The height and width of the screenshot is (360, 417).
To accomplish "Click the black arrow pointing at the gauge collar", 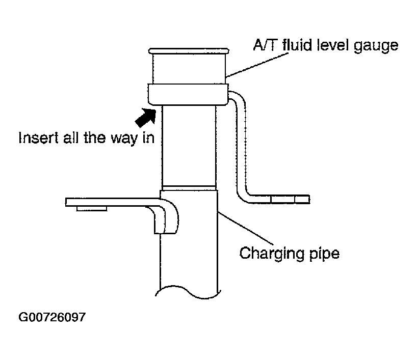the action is coord(146,117).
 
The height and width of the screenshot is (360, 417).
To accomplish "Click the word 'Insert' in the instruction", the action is coord(38,137).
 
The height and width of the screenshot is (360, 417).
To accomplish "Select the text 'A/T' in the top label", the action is coord(264,45).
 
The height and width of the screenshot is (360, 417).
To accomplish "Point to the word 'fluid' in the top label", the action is coord(297,45).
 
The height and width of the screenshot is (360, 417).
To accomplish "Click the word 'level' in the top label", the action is coord(333,45).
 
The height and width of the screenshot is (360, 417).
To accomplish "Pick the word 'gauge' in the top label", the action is coord(376,46).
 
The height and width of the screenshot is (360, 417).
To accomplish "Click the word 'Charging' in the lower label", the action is coord(271,254).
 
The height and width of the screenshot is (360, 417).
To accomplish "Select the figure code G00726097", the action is coord(52,317).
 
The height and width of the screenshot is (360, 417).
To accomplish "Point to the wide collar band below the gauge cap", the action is coord(188,94).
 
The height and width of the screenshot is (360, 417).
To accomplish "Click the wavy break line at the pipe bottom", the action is coord(188,292).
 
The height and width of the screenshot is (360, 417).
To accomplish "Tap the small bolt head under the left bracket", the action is coord(92,209).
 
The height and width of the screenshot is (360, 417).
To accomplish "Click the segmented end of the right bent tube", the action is coord(290,199).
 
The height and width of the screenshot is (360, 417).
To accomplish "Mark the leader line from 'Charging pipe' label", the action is coord(246,228).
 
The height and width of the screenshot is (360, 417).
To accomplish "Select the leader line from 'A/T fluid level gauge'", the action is coord(257,65).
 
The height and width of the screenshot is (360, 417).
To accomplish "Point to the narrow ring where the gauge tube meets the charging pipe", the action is coord(189,188).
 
